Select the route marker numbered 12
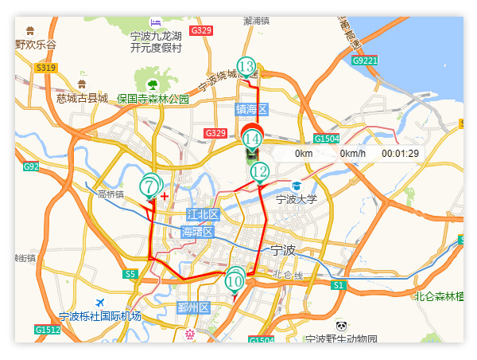tap(260, 171)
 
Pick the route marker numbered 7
tap(149, 186)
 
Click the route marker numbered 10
tap(235, 280)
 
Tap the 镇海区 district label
tap(252, 108)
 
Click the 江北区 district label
tap(203, 214)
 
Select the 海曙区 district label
tap(197, 232)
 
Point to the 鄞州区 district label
tap(192, 307)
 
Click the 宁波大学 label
tap(297, 199)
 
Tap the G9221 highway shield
tap(365, 60)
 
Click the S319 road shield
tap(45, 68)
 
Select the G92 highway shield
tap(31, 166)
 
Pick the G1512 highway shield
tap(47, 330)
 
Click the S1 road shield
tap(338, 284)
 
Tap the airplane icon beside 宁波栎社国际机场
tap(99, 303)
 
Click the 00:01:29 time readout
tap(400, 154)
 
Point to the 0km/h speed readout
tap(352, 154)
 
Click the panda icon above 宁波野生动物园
tap(341, 326)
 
